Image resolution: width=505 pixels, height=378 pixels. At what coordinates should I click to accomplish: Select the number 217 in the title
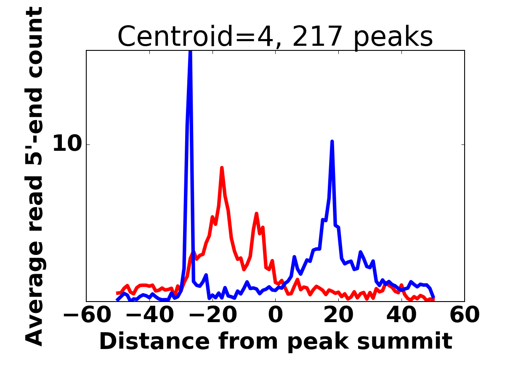(317, 36)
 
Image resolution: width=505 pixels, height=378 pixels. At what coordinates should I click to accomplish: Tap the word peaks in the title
(393, 38)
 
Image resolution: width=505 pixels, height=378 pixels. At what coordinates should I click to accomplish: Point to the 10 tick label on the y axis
(67, 144)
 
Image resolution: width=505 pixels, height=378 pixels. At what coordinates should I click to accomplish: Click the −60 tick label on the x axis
(87, 315)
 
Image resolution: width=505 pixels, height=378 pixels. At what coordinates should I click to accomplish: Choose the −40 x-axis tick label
(150, 315)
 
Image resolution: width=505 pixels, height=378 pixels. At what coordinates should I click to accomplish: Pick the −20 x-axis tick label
(213, 315)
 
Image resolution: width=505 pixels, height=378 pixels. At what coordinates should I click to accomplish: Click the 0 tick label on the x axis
(275, 315)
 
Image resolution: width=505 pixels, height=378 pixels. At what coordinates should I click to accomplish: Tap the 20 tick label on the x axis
(338, 315)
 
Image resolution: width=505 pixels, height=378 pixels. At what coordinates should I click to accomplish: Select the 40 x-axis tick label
(401, 315)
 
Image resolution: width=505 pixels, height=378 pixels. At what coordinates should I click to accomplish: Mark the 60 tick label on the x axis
(465, 315)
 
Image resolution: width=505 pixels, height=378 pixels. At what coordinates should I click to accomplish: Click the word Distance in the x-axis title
(154, 341)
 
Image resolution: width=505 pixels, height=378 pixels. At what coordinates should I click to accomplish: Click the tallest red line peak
(222, 168)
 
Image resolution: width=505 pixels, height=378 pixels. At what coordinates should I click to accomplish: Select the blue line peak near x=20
(332, 142)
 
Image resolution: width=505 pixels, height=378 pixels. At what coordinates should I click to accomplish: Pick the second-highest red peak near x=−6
(256, 214)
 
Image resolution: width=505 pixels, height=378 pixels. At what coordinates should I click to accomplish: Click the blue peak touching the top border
(190, 51)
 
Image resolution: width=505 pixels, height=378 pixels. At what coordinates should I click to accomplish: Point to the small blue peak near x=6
(294, 257)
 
